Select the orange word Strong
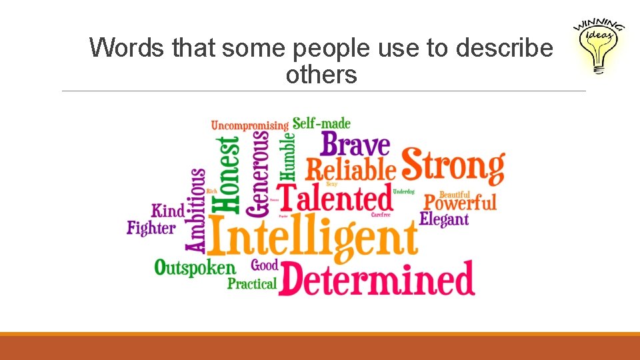[453, 166]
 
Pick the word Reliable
[351, 170]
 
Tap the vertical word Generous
[259, 173]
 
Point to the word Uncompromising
[250, 125]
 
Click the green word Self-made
[321, 123]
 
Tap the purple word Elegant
[444, 219]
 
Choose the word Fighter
[151, 229]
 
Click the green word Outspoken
[195, 269]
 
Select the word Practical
[252, 284]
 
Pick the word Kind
[168, 211]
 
